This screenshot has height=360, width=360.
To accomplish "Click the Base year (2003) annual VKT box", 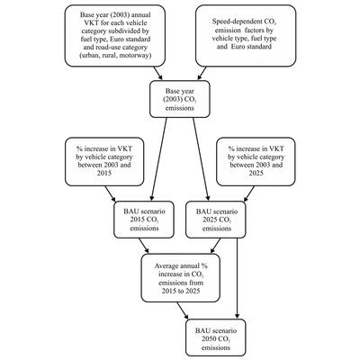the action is click(x=115, y=35).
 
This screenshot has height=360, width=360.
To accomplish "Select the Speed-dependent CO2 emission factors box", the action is click(x=246, y=35).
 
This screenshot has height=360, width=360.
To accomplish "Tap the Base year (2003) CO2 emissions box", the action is click(x=180, y=99).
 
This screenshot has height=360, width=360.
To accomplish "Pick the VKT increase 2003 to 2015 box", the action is click(x=104, y=162).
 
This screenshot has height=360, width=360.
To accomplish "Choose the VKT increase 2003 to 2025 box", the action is click(x=256, y=162).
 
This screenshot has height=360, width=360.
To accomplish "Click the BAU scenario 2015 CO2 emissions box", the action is click(x=144, y=220).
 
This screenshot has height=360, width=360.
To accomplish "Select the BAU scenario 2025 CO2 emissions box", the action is click(x=216, y=220).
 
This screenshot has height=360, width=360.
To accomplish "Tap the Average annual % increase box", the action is click(x=181, y=278).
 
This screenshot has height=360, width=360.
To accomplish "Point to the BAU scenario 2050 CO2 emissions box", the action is click(x=216, y=337).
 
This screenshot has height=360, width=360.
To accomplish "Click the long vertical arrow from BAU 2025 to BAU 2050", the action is click(x=238, y=278).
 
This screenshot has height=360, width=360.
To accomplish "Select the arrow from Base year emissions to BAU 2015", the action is click(x=159, y=159).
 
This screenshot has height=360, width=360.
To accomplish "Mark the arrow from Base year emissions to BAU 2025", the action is click(x=201, y=159).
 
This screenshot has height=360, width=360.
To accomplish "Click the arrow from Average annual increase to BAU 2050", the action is click(x=183, y=310).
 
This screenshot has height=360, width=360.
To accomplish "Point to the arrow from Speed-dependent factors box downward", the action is click(x=202, y=74).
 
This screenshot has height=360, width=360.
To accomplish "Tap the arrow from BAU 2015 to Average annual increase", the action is click(x=144, y=246).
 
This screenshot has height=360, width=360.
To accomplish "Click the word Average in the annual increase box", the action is click(x=166, y=265).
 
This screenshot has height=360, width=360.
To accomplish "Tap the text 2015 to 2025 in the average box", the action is click(x=181, y=291).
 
